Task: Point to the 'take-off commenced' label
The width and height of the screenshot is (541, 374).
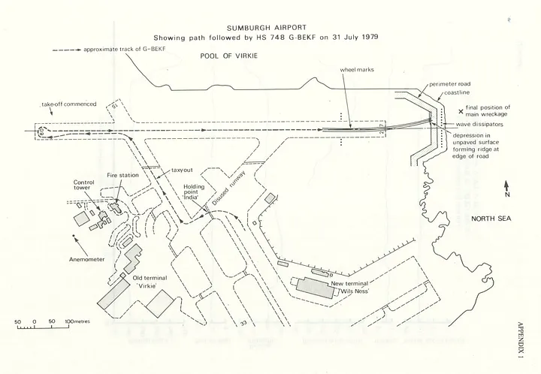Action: (69, 104)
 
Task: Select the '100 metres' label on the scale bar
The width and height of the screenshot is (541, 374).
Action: (77, 321)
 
